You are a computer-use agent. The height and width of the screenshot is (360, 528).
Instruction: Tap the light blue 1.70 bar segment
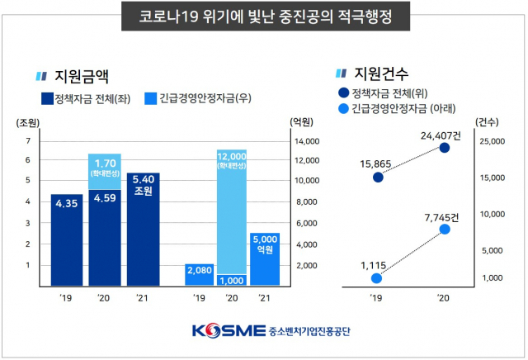click(x=105, y=172)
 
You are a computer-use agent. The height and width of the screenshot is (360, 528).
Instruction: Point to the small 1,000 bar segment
click(x=231, y=280)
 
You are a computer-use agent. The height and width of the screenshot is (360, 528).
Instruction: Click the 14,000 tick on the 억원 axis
click(x=305, y=140)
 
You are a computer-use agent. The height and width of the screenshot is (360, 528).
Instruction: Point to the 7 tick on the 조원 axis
click(x=27, y=140)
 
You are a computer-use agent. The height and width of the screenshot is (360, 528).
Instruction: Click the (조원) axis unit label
click(x=27, y=122)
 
